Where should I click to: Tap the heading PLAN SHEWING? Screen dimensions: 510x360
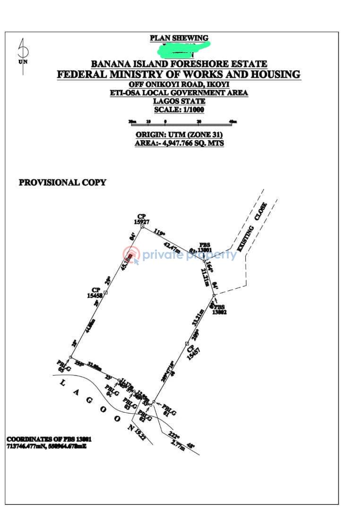pyautogui.click(x=179, y=38)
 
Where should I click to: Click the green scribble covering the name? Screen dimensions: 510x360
pyautogui.click(x=184, y=47)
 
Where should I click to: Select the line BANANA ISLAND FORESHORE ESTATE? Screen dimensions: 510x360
pyautogui.click(x=179, y=64)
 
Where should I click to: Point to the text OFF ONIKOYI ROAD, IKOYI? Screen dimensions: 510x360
pyautogui.click(x=179, y=84)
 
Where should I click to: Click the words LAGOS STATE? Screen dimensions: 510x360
pyautogui.click(x=179, y=101)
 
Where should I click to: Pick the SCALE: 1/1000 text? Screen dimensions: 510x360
pyautogui.click(x=179, y=110)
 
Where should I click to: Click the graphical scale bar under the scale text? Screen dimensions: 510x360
pyautogui.click(x=183, y=122)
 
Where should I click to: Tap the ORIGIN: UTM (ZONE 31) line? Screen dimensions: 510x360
pyautogui.click(x=179, y=135)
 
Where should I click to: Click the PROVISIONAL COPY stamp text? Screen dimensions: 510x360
pyautogui.click(x=62, y=182)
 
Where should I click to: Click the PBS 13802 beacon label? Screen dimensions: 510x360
pyautogui.click(x=220, y=309)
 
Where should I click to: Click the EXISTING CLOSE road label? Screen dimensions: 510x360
pyautogui.click(x=252, y=227)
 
